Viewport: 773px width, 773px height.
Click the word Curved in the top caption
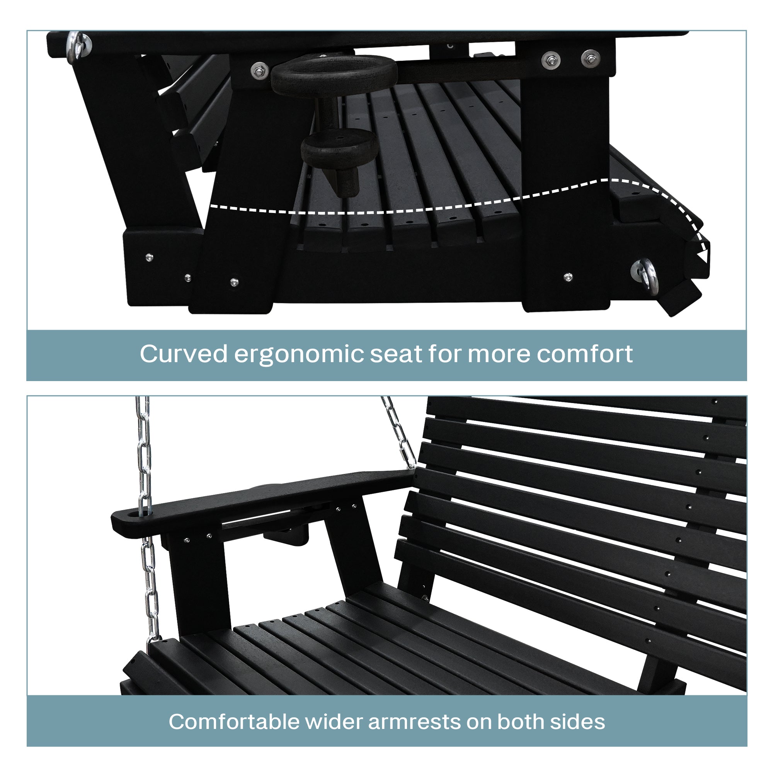183,354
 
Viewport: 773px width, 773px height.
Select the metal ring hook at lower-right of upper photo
645,275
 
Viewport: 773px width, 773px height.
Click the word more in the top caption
498,354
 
